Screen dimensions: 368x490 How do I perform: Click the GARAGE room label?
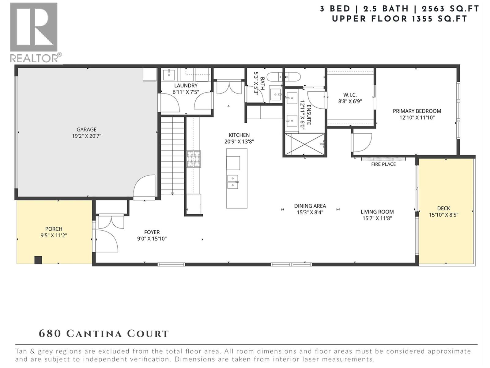(x=86, y=129)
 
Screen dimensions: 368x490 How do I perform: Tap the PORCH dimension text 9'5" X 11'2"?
(x=54, y=236)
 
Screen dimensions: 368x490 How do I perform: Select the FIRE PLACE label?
(x=383, y=164)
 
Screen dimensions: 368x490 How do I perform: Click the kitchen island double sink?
(x=233, y=182)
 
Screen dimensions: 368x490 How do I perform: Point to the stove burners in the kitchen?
(x=194, y=159)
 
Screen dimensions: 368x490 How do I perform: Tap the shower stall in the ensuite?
(x=304, y=144)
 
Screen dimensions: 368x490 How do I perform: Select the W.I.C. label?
(x=350, y=95)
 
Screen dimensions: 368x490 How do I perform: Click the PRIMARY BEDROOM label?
(x=417, y=111)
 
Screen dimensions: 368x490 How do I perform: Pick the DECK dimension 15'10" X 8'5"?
(x=443, y=215)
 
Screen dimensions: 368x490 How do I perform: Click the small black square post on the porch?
(x=38, y=260)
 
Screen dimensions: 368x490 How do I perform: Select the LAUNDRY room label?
(x=186, y=86)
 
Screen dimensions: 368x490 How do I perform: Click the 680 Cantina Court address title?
(x=104, y=334)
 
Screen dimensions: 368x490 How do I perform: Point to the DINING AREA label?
(x=310, y=206)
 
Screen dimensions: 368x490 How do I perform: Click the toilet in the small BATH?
(x=275, y=76)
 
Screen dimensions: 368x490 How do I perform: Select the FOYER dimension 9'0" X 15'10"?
(x=152, y=239)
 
